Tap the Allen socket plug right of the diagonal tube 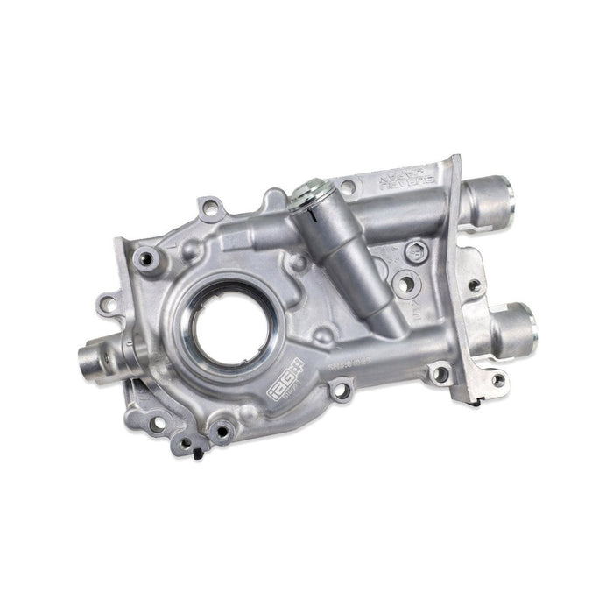click(417, 249)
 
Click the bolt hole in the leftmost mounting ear click(107, 304)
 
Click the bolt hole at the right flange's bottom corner click(499, 379)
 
